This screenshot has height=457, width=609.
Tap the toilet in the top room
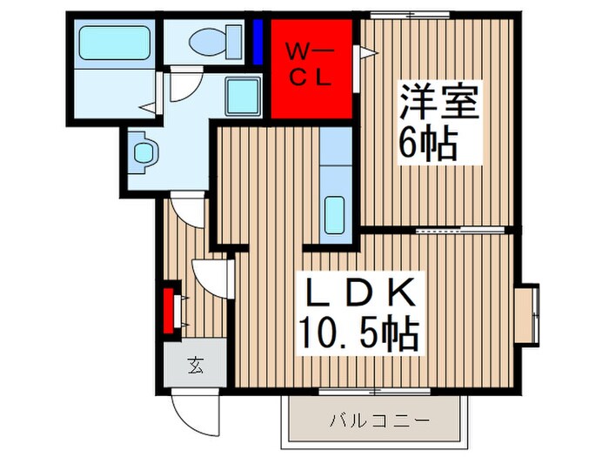[209, 39]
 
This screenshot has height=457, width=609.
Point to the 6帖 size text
[429, 143]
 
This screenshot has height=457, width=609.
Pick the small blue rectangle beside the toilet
[258, 40]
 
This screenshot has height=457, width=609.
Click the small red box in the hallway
[169, 306]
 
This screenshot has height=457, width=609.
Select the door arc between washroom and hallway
[185, 210]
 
